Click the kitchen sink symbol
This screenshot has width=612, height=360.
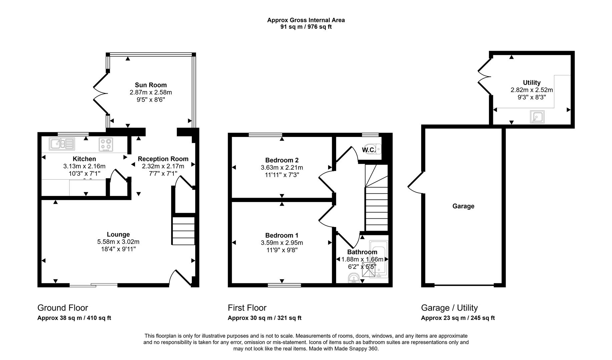click(62, 144)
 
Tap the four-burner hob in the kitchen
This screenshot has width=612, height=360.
click(106, 144)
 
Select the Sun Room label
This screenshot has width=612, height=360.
click(151, 85)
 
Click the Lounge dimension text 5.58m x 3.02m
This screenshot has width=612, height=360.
click(118, 242)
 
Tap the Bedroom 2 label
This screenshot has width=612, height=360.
click(282, 160)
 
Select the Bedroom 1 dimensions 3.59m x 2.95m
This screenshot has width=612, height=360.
click(282, 243)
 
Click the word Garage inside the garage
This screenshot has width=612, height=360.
click(463, 206)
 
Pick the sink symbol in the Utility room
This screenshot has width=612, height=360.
click(537, 117)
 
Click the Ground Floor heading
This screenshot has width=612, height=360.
click(63, 308)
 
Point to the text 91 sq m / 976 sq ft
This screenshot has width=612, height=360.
click(306, 27)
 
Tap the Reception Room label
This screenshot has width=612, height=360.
click(163, 159)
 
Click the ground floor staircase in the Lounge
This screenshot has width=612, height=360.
click(183, 231)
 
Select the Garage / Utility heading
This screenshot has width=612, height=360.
click(449, 308)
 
